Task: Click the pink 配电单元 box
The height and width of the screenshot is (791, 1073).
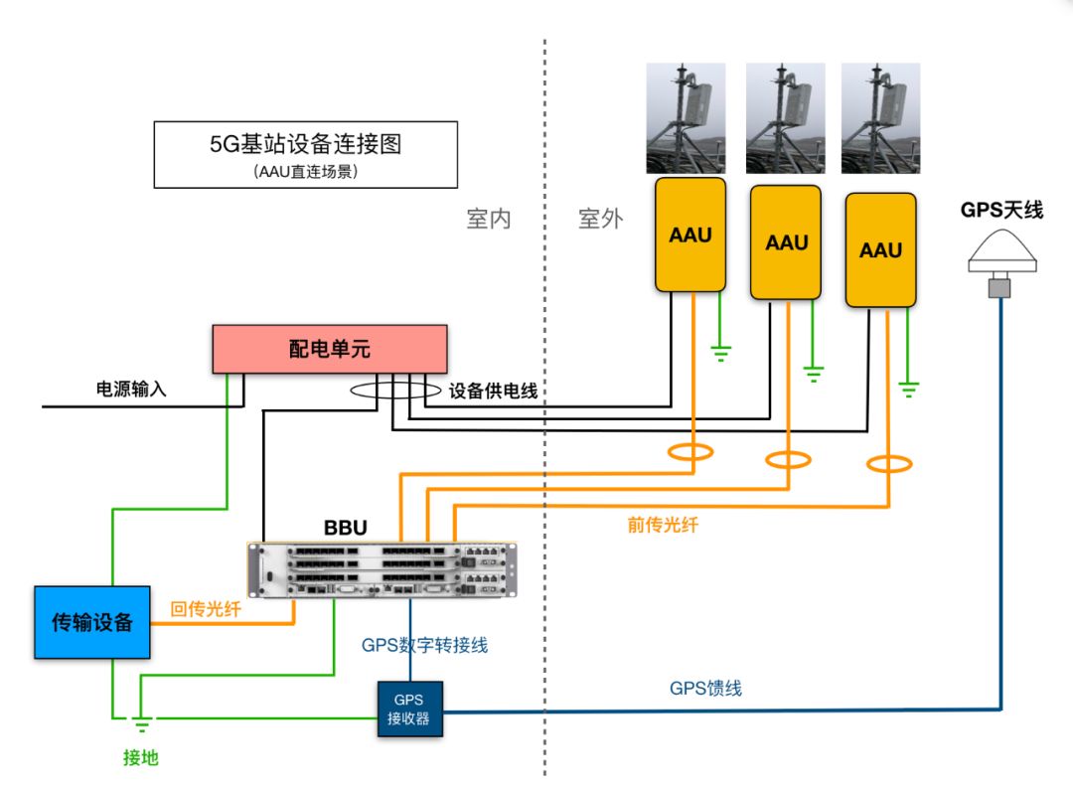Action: [x=330, y=350]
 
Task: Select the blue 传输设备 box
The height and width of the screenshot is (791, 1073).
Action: [x=91, y=623]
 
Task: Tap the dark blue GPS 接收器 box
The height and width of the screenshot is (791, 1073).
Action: [x=409, y=709]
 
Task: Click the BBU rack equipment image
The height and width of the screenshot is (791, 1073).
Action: [x=383, y=570]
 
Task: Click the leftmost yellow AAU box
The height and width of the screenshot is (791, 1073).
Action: [x=690, y=236]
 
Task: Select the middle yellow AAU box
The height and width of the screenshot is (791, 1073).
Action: [x=786, y=242]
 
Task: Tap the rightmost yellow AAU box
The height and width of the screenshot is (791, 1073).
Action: [x=880, y=250]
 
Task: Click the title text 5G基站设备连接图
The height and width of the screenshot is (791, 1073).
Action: [x=305, y=143]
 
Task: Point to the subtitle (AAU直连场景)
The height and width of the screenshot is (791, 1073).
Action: [x=305, y=171]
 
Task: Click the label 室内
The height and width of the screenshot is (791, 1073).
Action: [x=488, y=219]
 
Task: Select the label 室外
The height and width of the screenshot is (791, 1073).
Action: [x=600, y=219]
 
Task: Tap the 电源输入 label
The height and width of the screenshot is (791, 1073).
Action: [x=131, y=390]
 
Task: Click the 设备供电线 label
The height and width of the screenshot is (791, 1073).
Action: [x=494, y=392]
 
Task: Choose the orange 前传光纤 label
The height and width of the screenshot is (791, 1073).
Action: [x=663, y=525]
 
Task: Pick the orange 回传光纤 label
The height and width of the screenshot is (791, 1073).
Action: [x=207, y=610]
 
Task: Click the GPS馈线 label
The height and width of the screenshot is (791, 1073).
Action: [x=706, y=688]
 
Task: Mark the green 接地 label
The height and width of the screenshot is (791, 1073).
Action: [x=140, y=758]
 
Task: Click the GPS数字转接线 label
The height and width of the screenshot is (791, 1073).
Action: [x=424, y=645]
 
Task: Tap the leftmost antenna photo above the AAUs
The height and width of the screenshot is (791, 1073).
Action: [x=687, y=119]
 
